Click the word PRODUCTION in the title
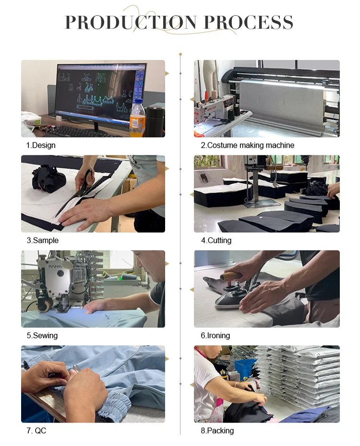pos(131,22)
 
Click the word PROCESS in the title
pos(249,22)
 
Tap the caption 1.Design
pos(41,145)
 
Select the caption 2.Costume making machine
pos(247,145)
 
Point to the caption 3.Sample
pos(42,240)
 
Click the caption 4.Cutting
pos(216,240)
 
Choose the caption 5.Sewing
pos(42,336)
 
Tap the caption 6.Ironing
pos(215,336)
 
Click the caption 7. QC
pos(36,431)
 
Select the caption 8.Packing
pos(217,431)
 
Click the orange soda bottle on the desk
pos(137,118)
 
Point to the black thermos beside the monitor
pos(154,121)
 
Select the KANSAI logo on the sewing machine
pos(55,267)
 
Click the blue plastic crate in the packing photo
pos(245,369)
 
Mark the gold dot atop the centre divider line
pos(180,54)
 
